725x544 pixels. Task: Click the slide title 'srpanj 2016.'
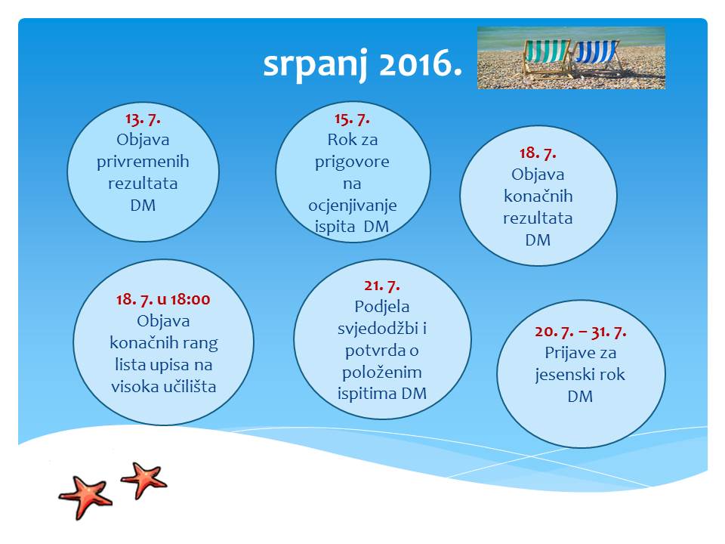[362, 64]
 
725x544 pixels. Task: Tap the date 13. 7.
[143, 119]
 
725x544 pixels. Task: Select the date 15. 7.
[353, 119]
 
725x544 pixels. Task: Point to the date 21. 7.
[382, 286]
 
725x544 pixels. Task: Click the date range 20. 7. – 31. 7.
[581, 332]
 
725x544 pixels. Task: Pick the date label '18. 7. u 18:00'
[163, 299]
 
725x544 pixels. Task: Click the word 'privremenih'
[143, 162]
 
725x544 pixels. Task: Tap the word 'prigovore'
[353, 162]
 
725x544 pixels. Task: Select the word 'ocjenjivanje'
[353, 206]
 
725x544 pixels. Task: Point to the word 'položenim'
[382, 372]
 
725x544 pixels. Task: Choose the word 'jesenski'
[563, 375]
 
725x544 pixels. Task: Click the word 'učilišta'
[190, 386]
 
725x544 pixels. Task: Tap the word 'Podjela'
[382, 307]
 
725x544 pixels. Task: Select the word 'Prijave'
[566, 353]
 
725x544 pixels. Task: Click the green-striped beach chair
[548, 58]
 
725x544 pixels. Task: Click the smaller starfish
[144, 479]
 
